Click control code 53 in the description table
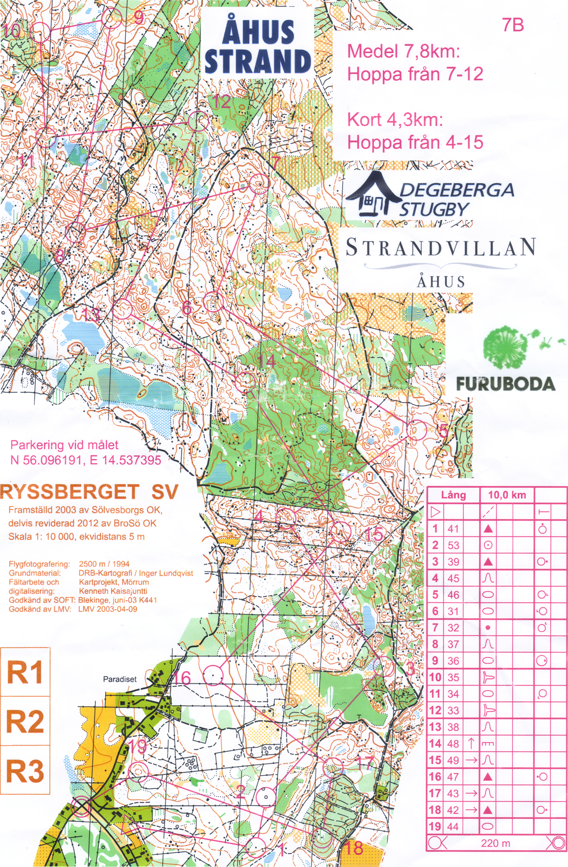pos(453,545)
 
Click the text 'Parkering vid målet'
pos(64,445)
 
